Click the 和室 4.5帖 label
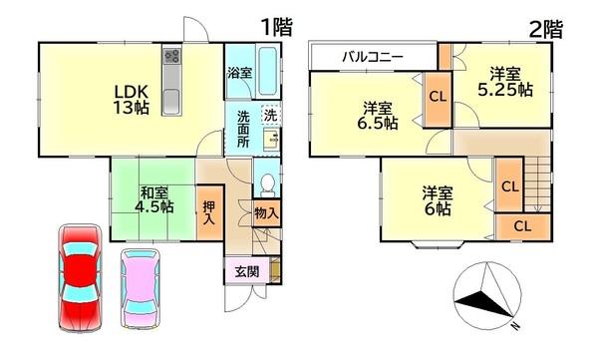154,200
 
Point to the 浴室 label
238,74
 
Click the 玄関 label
246,271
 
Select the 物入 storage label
265,213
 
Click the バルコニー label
373,57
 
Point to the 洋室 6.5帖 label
378,116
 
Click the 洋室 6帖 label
436,200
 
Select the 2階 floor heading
544,28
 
